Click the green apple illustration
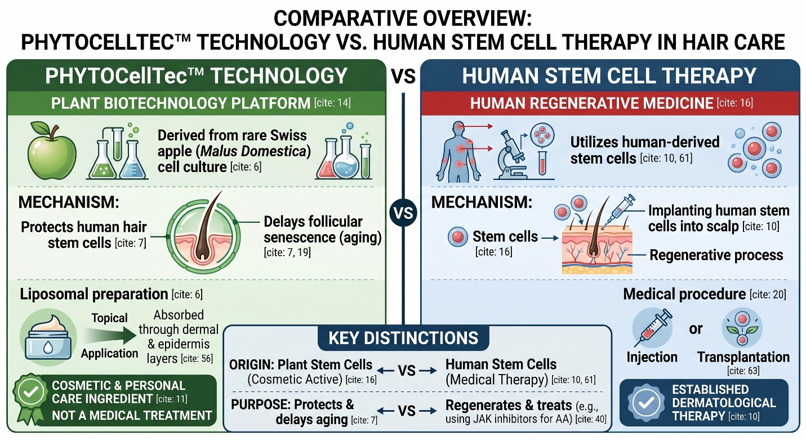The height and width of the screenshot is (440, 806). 52,151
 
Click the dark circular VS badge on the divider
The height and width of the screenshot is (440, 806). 403,213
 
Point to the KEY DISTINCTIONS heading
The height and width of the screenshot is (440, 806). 403,338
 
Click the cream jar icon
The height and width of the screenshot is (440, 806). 48,337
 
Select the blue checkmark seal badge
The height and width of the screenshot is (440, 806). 646,403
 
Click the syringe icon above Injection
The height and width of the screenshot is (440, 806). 652,328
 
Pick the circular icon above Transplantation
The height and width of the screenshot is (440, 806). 742,328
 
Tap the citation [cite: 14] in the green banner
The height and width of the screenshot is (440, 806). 332,103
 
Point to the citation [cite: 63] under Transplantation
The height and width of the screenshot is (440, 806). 743,371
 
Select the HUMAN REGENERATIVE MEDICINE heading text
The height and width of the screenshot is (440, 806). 591,103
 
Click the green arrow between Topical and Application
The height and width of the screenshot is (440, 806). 109,336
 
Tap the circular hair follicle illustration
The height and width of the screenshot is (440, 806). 203,236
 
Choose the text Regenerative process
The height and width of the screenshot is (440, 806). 716,255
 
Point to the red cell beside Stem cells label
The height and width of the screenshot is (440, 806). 458,237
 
